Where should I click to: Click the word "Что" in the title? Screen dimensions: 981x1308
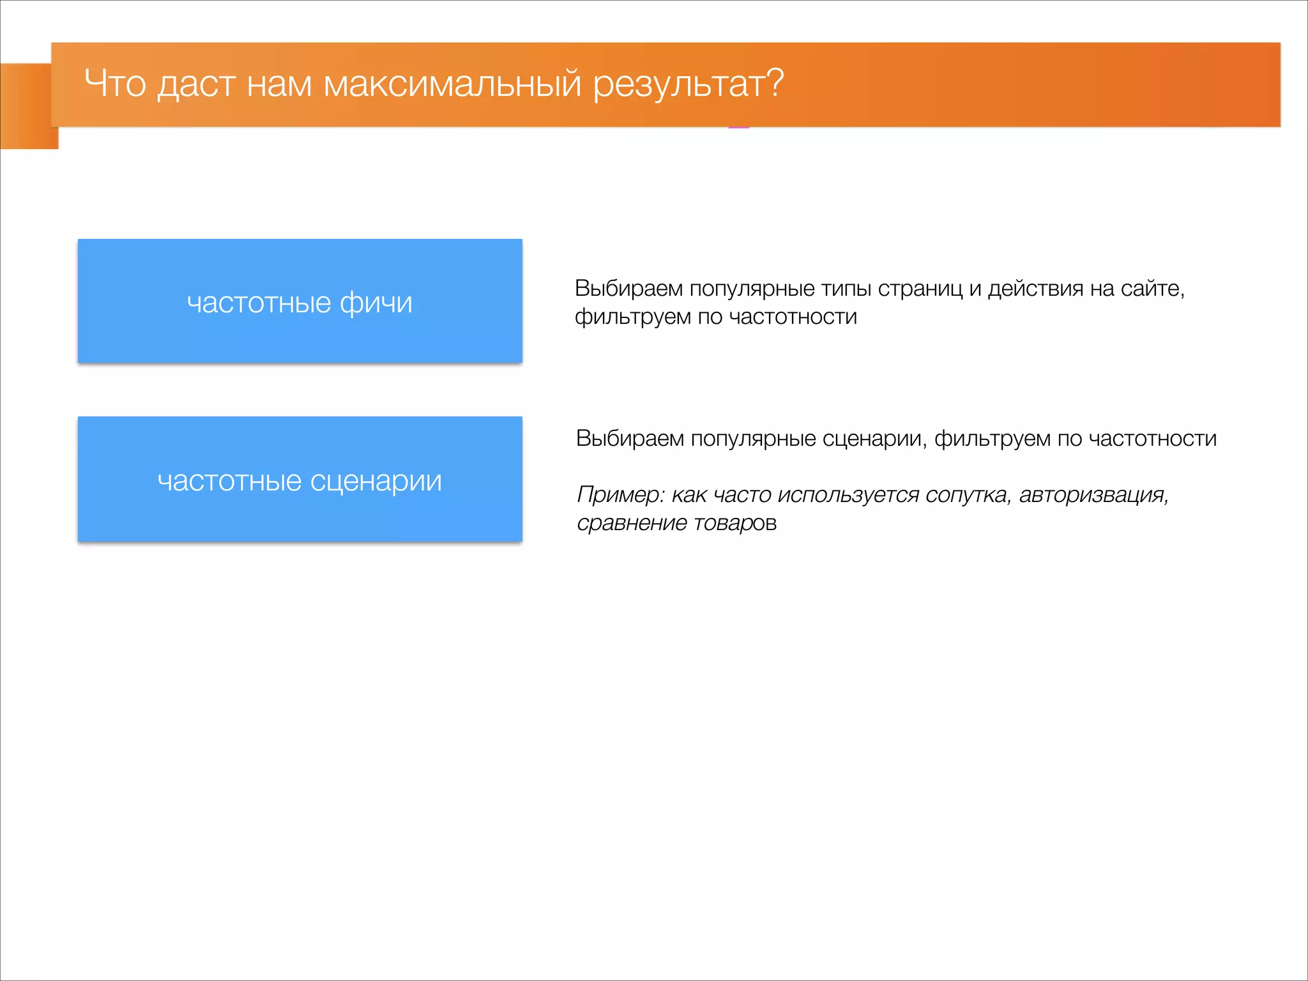(115, 84)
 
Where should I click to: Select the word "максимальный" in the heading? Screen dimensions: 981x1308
(452, 84)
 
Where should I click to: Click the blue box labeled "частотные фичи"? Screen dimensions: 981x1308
(300, 301)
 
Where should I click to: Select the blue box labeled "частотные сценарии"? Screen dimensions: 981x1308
(300, 479)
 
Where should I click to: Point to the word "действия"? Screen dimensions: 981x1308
(1035, 289)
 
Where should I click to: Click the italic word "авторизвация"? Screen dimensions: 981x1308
(1093, 495)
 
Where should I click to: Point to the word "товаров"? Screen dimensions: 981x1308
(735, 523)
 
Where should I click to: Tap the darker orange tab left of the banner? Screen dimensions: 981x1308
(26, 106)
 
